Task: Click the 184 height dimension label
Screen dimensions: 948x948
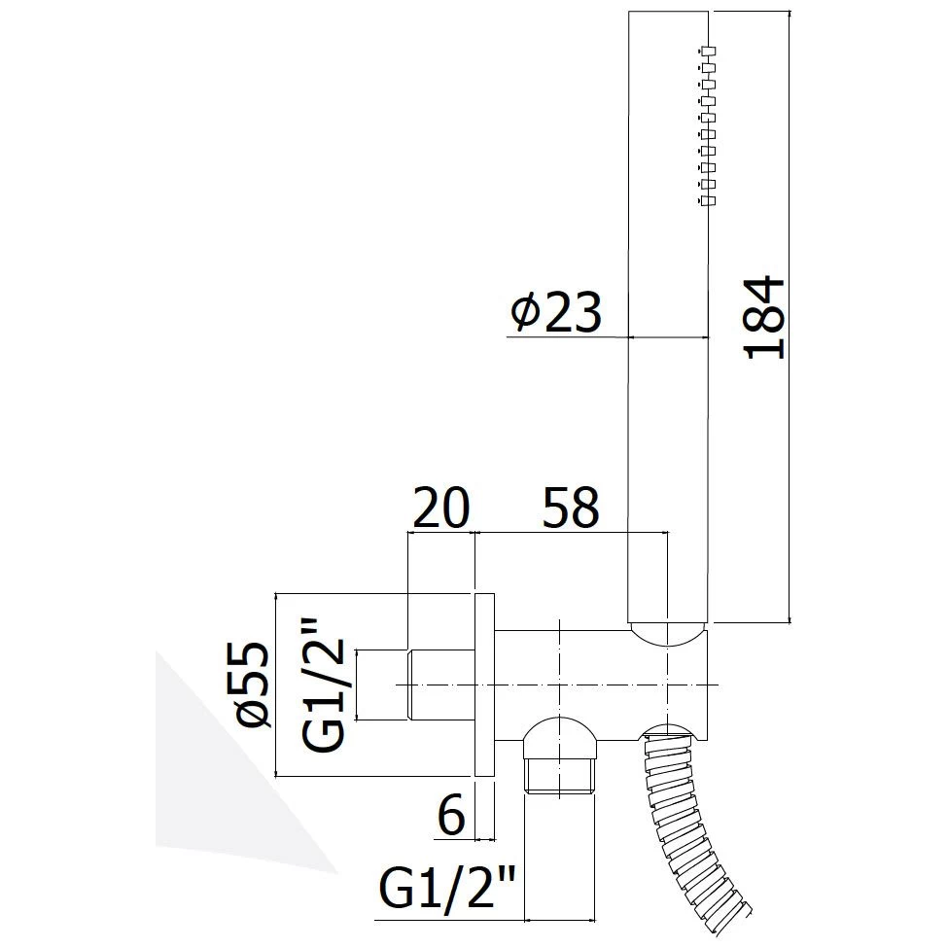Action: pyautogui.click(x=765, y=317)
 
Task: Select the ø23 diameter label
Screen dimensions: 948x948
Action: pyautogui.click(x=556, y=312)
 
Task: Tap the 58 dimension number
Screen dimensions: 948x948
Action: pyautogui.click(x=571, y=507)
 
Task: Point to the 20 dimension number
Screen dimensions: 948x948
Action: pyautogui.click(x=440, y=507)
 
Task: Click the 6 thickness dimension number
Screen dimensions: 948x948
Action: pyautogui.click(x=451, y=814)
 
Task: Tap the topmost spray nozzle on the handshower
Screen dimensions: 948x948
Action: pyautogui.click(x=707, y=51)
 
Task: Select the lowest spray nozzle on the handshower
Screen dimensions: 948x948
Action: pyautogui.click(x=707, y=200)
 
